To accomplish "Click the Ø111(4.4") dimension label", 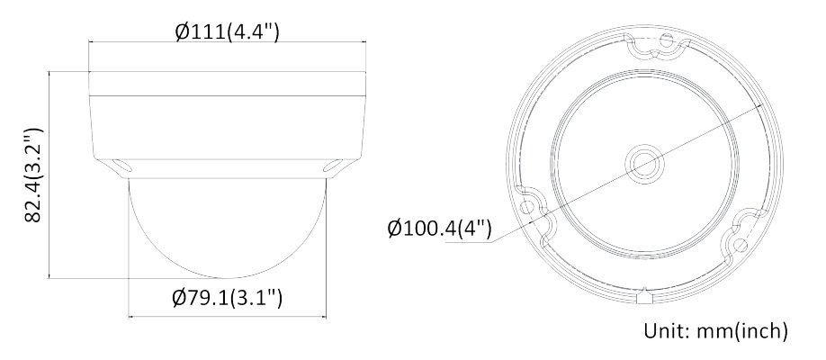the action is (227, 32).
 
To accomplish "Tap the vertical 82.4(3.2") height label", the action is (33, 175).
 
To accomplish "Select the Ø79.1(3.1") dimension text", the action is (227, 298).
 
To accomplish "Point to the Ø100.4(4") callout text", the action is (439, 229).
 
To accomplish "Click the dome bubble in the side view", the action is (228, 228).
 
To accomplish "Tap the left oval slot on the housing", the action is (123, 166).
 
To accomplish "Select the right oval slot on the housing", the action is (332, 166).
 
